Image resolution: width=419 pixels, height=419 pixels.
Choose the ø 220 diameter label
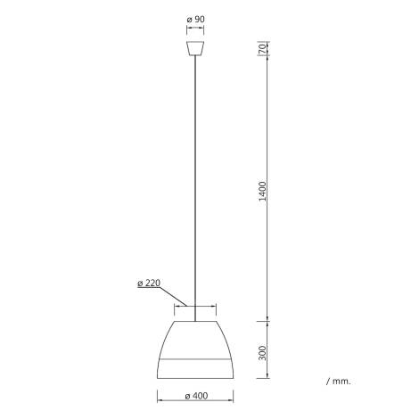pyautogui.click(x=149, y=284)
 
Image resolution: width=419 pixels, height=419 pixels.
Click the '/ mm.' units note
pyautogui.click(x=339, y=381)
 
